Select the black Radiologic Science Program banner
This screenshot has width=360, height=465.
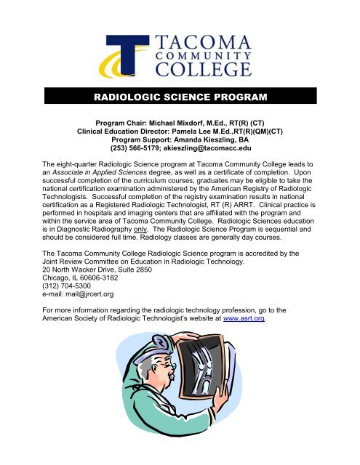click(x=180, y=97)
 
